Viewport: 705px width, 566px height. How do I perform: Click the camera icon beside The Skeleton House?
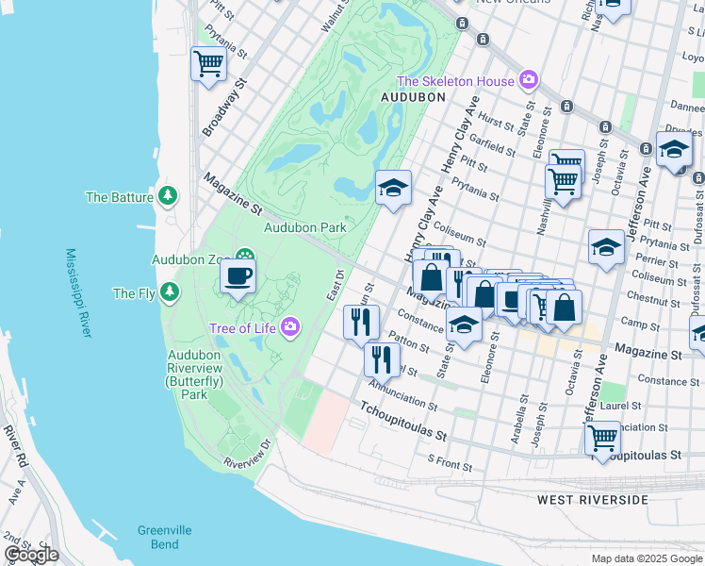click(x=530, y=81)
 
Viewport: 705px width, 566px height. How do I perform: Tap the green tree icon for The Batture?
click(x=168, y=196)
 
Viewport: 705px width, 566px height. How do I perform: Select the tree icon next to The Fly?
click(x=170, y=292)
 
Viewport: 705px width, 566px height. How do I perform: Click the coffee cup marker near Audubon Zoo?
click(x=238, y=277)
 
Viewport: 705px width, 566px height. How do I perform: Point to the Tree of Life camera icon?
click(x=290, y=327)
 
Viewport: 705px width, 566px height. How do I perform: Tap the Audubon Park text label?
click(x=304, y=227)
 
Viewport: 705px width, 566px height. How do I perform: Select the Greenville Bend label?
click(x=157, y=537)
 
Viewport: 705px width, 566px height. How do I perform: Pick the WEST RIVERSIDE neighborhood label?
click(x=593, y=498)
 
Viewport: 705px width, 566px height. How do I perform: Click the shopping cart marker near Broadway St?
click(x=208, y=64)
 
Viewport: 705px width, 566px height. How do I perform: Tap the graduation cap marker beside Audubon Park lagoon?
click(x=394, y=187)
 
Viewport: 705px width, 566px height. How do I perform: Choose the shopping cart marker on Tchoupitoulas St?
click(x=602, y=438)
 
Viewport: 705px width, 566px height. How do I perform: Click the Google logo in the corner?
click(x=31, y=555)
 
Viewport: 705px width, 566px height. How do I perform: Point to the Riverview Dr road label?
click(x=247, y=453)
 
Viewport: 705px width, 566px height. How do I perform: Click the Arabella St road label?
click(x=517, y=408)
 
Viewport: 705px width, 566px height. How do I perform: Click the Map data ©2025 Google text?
click(x=646, y=558)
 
